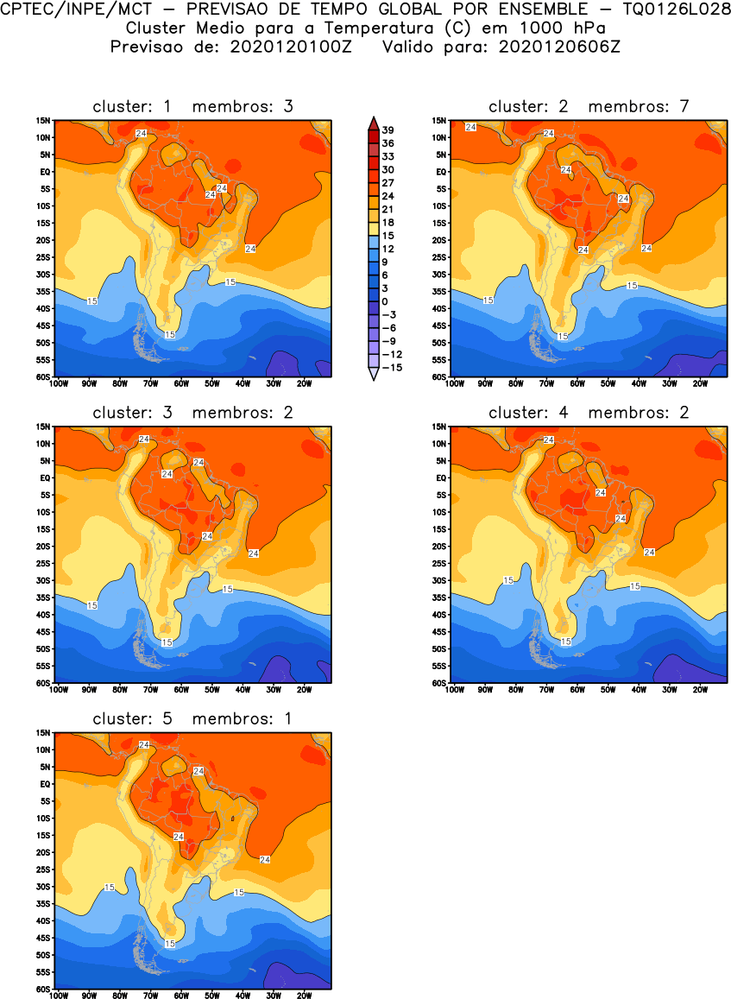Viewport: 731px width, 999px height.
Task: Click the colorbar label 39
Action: point(388,130)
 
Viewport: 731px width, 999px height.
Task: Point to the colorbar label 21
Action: point(388,209)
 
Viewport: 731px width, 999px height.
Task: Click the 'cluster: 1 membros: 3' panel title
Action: point(192,106)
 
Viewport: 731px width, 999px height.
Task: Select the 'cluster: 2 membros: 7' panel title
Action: point(589,106)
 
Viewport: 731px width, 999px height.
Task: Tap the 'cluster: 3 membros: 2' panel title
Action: point(192,413)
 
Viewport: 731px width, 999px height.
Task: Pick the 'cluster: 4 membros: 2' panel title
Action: point(589,413)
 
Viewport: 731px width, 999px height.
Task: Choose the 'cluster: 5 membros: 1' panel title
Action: point(192,718)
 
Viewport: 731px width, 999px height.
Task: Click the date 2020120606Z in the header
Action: point(558,47)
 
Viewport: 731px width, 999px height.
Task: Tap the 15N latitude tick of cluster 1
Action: point(43,120)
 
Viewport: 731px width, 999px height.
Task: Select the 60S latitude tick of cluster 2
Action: point(439,376)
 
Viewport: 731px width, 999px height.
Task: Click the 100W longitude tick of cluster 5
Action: point(59,996)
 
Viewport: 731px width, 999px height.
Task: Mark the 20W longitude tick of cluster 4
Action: point(700,690)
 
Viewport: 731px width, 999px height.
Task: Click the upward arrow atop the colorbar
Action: point(373,121)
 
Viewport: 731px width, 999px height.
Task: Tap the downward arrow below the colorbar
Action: point(373,375)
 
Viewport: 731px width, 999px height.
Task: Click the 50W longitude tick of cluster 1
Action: point(211,383)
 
